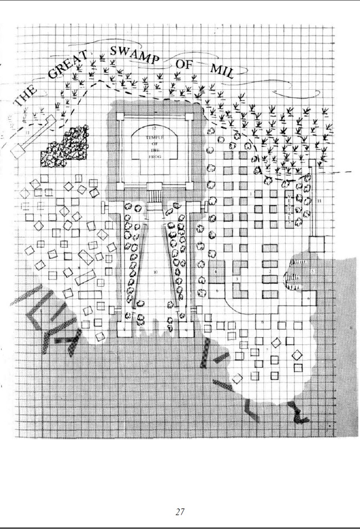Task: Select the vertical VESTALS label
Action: click(290, 209)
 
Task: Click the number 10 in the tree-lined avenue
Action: click(155, 272)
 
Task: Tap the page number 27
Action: click(180, 512)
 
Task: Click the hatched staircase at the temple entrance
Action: click(154, 195)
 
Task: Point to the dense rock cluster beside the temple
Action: click(65, 146)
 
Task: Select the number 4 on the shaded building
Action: click(215, 272)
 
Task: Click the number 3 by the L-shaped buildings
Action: click(237, 278)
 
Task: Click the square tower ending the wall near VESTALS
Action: click(317, 243)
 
